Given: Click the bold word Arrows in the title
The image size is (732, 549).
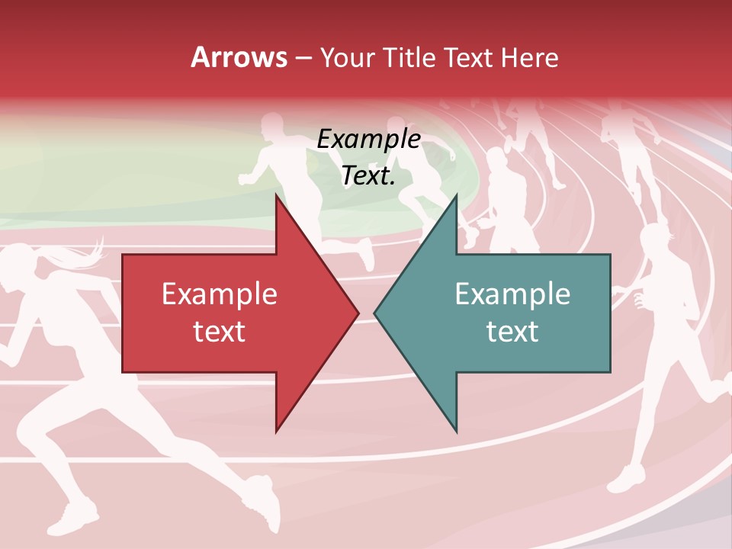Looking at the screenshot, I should click(239, 57).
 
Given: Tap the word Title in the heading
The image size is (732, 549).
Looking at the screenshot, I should click(412, 57).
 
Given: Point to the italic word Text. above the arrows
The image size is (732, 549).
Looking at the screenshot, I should click(369, 176).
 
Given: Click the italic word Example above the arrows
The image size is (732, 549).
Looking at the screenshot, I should click(369, 140).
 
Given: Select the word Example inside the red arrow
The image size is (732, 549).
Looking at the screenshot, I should click(220, 294).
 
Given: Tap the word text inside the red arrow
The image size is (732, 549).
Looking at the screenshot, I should click(220, 332).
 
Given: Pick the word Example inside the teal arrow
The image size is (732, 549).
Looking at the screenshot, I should click(512, 294).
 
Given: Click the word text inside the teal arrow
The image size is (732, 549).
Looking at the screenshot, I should click(512, 332).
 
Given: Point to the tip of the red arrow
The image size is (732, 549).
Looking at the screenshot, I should click(358, 313).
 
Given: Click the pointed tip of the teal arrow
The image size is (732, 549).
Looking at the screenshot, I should click(375, 313).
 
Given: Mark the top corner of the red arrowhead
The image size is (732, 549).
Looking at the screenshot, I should click(276, 195).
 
